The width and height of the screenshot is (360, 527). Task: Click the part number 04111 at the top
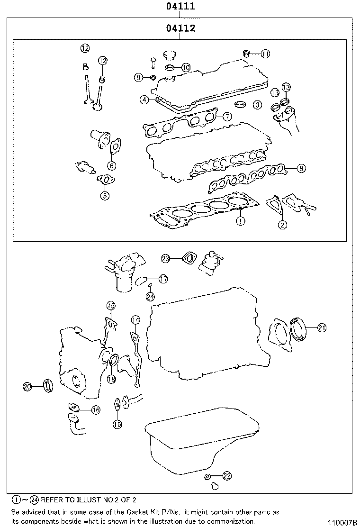click(x=180, y=7)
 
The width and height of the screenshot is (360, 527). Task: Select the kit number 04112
click(x=180, y=28)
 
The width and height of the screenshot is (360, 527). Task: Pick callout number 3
click(x=257, y=105)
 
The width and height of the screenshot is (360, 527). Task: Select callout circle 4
click(x=144, y=100)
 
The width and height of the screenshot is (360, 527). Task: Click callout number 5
click(x=105, y=195)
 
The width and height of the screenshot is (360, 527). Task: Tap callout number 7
click(x=226, y=116)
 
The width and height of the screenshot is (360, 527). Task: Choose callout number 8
click(x=301, y=168)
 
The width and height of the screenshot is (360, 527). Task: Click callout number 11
click(x=265, y=54)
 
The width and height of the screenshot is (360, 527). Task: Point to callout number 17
click(x=163, y=280)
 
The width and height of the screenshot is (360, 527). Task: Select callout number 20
click(x=27, y=387)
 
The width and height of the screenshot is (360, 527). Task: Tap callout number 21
click(x=322, y=327)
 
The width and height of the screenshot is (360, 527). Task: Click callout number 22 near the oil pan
click(x=227, y=475)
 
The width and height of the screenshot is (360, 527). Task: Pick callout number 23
click(x=165, y=258)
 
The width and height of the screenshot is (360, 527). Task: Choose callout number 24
click(x=150, y=297)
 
